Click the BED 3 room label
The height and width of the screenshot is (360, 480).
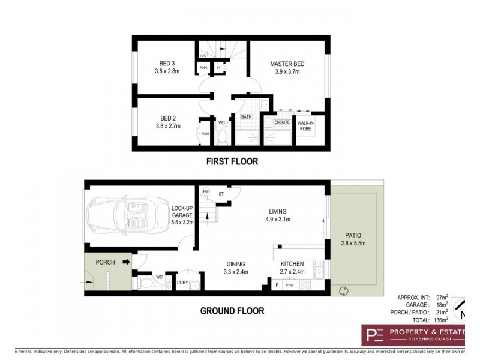[x=167, y=64]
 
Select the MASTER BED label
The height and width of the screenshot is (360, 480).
[x=287, y=64]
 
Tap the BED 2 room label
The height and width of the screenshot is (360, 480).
[x=167, y=118]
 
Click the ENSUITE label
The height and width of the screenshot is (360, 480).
[x=282, y=122]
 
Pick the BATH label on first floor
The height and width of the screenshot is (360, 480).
[x=246, y=117]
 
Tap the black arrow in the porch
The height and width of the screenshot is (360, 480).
[x=127, y=262]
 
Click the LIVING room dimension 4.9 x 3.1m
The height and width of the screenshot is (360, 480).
[x=278, y=220]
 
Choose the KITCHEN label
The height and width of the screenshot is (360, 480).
[x=292, y=264]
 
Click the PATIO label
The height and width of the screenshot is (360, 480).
[x=353, y=235]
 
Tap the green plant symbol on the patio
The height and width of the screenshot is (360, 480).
[x=343, y=291]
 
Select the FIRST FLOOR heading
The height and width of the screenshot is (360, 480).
[x=232, y=161]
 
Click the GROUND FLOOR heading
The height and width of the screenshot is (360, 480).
[x=232, y=311]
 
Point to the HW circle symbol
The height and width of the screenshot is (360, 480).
[x=206, y=192]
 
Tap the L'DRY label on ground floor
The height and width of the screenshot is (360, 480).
[x=182, y=282]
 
